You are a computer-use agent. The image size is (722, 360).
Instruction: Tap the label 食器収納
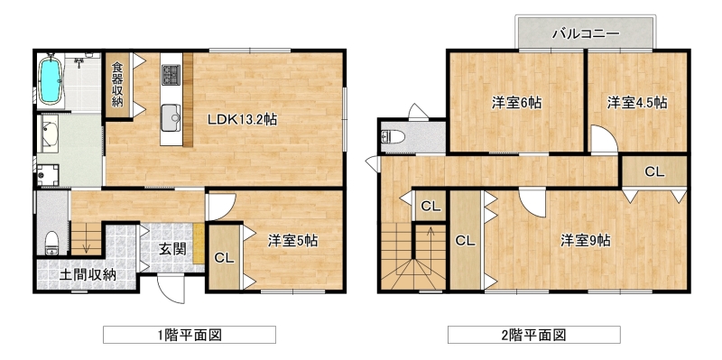(x=117, y=84)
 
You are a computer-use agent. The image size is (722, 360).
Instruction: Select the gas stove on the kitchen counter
(x=171, y=75)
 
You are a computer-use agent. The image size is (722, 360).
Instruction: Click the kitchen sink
(x=171, y=117)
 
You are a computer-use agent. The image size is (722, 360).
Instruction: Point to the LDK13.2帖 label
(x=242, y=120)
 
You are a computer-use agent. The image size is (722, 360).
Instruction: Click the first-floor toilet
(x=52, y=242)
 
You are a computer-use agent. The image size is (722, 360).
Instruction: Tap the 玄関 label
(x=173, y=249)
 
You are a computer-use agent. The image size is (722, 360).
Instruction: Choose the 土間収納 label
(x=88, y=275)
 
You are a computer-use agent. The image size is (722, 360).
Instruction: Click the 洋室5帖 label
(x=292, y=241)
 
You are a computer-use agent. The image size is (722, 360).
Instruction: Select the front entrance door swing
(x=170, y=289)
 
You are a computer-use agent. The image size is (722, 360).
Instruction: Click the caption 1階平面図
(x=190, y=335)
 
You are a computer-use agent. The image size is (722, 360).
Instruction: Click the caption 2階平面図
(x=533, y=335)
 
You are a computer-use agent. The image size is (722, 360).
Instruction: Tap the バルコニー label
(x=586, y=33)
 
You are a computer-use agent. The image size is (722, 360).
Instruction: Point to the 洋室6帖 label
(x=516, y=103)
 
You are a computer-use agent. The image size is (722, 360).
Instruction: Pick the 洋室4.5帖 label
(x=637, y=103)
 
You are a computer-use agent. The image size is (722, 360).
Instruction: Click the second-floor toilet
(x=393, y=136)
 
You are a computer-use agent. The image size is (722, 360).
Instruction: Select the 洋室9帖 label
(x=585, y=240)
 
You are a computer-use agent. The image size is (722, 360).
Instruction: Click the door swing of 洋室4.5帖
(x=604, y=139)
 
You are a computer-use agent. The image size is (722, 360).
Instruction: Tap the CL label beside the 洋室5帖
(x=224, y=259)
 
